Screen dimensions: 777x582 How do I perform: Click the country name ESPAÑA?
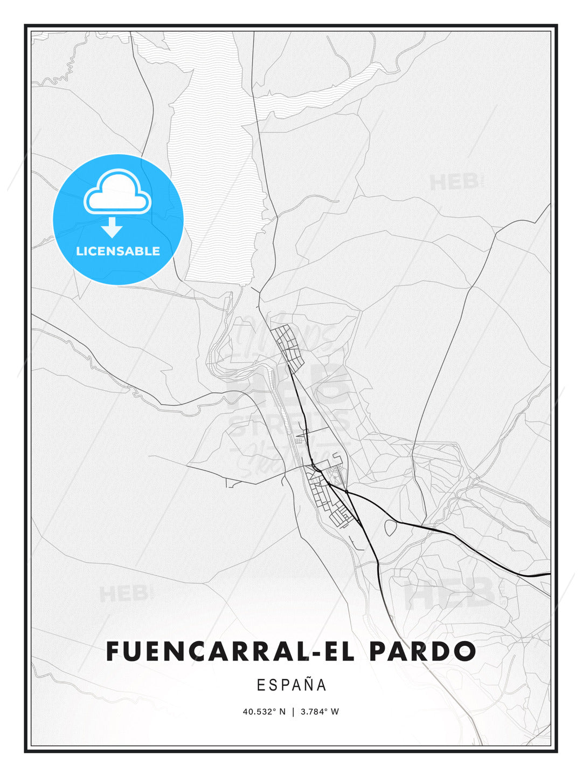click(292, 685)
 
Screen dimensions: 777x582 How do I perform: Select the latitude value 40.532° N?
click(264, 712)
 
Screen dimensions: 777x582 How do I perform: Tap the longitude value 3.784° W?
click(320, 712)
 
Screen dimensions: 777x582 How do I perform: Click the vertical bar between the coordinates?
click(293, 712)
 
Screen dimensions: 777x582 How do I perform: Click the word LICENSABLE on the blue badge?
click(118, 251)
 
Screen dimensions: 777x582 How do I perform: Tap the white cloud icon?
click(117, 193)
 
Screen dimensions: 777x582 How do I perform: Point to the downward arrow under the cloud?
click(112, 227)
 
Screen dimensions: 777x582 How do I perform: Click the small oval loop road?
click(391, 527)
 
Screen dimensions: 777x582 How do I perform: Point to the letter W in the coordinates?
click(335, 712)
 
